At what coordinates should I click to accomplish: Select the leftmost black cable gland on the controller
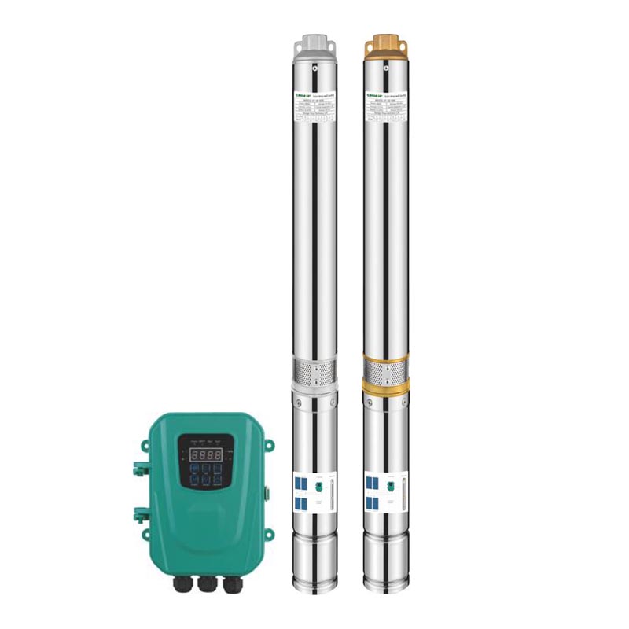[182, 585]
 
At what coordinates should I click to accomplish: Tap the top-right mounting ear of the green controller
[270, 445]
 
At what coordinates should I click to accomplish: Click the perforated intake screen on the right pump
[385, 370]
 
